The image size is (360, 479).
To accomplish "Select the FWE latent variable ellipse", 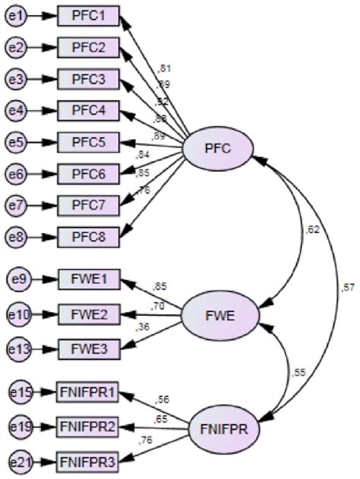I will (x=217, y=314).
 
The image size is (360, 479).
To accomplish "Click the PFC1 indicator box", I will (x=88, y=15).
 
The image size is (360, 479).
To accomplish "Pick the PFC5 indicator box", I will (x=88, y=142).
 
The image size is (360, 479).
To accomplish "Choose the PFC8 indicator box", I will (x=88, y=237).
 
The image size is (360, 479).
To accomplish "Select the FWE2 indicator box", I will (x=88, y=314).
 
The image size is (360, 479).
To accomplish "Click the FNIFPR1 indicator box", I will (x=88, y=392).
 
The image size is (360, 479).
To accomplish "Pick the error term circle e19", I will (x=21, y=427).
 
